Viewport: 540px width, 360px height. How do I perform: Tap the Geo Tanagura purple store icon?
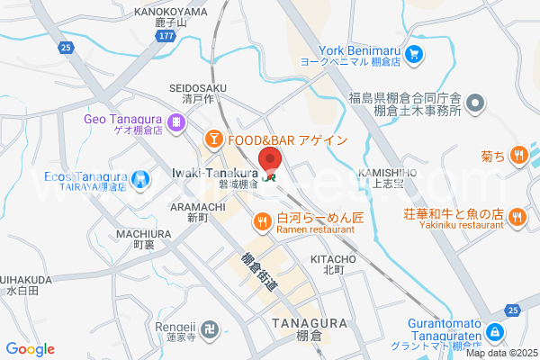tap(178, 121)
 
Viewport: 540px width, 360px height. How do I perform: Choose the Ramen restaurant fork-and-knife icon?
tap(262, 220)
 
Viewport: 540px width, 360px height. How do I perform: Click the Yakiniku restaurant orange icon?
tap(517, 216)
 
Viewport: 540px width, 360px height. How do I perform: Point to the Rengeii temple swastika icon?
tap(209, 328)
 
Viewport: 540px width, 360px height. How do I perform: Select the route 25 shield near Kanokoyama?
tap(63, 46)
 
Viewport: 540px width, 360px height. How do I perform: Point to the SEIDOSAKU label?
tap(198, 86)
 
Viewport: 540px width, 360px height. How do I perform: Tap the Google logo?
tap(30, 348)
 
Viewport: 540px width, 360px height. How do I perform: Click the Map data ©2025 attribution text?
tap(500, 353)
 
